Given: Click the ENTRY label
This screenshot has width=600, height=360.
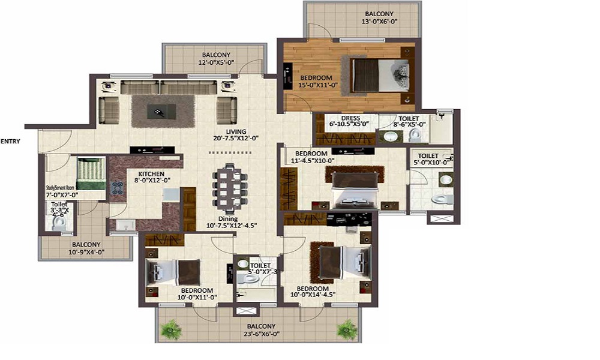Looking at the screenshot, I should pyautogui.click(x=10, y=142).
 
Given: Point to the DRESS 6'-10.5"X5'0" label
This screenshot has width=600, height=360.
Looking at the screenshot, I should pyautogui.click(x=350, y=122).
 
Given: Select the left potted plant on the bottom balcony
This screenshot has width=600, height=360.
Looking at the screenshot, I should pyautogui.click(x=172, y=328).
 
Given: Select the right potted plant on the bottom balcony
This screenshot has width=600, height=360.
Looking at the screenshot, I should pyautogui.click(x=347, y=328).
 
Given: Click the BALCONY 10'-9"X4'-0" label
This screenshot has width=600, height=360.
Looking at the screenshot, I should pyautogui.click(x=86, y=248).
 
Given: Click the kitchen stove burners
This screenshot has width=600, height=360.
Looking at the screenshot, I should pyautogui.click(x=115, y=187).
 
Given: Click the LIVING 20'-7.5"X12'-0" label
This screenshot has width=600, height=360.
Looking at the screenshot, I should pyautogui.click(x=235, y=136).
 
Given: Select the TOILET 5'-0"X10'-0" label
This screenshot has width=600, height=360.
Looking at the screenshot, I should pyautogui.click(x=429, y=158).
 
